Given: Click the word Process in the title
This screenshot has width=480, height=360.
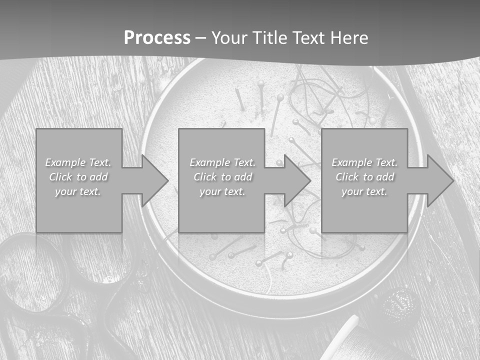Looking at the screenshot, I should click(x=157, y=38).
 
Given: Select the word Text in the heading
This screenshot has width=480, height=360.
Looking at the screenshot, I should click(x=308, y=38).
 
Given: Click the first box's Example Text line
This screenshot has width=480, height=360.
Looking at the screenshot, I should click(x=78, y=162).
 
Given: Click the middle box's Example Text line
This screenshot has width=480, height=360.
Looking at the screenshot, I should click(x=222, y=162).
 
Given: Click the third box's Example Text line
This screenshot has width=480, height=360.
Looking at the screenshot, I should click(x=364, y=162).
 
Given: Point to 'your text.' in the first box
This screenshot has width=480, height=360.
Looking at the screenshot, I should click(x=78, y=191).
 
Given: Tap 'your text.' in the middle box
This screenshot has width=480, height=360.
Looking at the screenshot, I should click(x=222, y=191).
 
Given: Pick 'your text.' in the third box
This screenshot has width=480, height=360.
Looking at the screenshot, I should click(x=364, y=191).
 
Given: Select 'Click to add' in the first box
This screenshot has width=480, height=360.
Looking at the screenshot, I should click(x=78, y=177).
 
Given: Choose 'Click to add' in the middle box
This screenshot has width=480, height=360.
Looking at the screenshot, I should click(x=222, y=177).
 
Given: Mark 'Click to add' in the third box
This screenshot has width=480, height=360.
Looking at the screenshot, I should click(x=364, y=177).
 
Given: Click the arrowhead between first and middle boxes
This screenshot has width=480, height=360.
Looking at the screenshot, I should click(x=153, y=180).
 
